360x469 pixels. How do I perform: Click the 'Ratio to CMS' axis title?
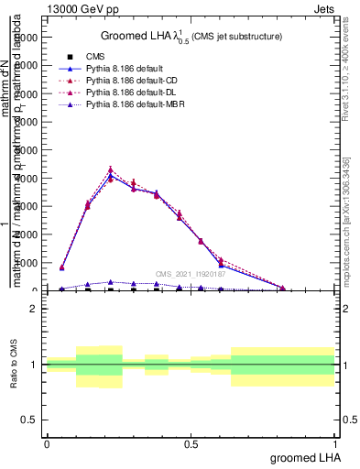point(16,364)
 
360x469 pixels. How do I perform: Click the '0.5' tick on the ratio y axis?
point(29,420)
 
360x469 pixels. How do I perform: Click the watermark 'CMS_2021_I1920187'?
point(190,273)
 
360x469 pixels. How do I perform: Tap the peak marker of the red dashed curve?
point(111,170)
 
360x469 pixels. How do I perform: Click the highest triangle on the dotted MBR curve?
point(111,282)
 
